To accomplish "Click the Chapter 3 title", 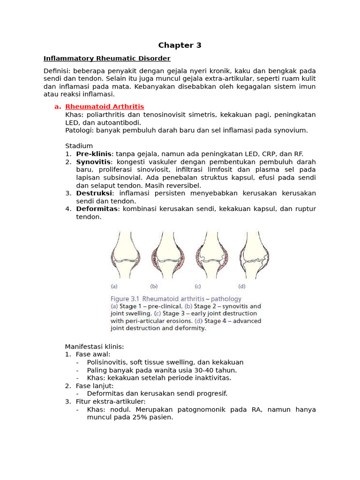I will pos(180,45).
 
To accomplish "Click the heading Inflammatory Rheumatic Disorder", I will pos(107,59).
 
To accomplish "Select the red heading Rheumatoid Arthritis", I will pos(105,107).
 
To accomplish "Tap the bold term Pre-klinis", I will pos(94,154).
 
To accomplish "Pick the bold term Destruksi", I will pos(94,193).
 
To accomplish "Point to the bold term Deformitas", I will pos(97,209).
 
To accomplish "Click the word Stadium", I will pos(79,146).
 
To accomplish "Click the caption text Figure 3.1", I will pos(125,299).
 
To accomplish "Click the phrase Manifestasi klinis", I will pos(94,346).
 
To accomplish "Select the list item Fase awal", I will pos(93,354).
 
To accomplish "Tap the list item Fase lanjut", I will pos(95,386).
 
